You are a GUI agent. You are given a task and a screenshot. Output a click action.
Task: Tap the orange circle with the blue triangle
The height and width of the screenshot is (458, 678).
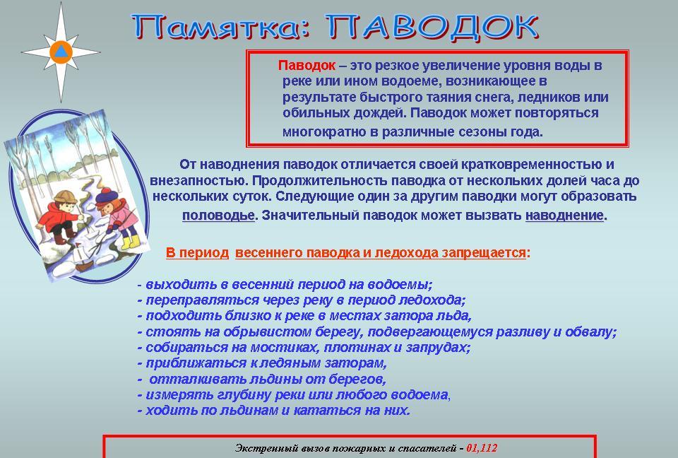pos(61,52)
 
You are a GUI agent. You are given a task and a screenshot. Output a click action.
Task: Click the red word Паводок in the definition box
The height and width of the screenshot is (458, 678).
pos(307,66)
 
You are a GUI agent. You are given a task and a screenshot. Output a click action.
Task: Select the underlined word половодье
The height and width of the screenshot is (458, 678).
pos(218,216)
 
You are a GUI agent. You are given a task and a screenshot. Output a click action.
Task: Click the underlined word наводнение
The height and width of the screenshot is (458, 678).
pos(565,216)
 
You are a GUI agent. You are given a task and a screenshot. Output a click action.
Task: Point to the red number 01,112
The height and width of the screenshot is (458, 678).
pos(482,448)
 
